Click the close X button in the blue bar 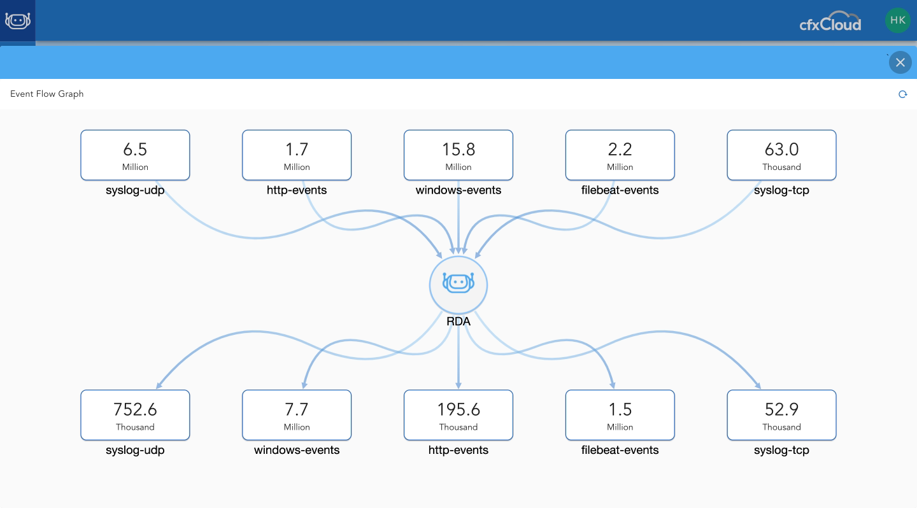[x=900, y=62]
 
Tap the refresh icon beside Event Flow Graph [x=902, y=95]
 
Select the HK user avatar [x=897, y=20]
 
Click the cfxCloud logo [x=830, y=22]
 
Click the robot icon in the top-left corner [x=18, y=20]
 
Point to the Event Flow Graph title [x=46, y=94]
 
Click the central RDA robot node [x=458, y=285]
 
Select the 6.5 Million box [x=135, y=155]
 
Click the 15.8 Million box [x=458, y=155]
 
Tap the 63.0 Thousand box [x=781, y=155]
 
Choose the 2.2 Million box [x=620, y=155]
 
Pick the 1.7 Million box [x=297, y=155]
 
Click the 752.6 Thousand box [x=135, y=415]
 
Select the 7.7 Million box [x=297, y=415]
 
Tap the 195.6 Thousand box [x=458, y=415]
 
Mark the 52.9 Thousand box [x=781, y=415]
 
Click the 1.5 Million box [x=620, y=415]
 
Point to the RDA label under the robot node [x=458, y=321]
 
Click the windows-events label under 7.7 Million [x=297, y=450]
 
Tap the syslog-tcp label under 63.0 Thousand [x=781, y=190]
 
